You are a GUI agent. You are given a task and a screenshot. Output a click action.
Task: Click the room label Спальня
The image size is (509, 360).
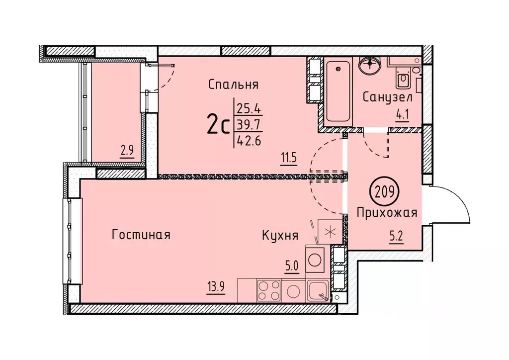[x=233, y=85]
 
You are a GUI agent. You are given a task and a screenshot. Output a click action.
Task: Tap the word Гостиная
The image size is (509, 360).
[x=141, y=235]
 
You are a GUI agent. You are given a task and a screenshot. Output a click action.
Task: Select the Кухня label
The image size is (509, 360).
[x=280, y=236]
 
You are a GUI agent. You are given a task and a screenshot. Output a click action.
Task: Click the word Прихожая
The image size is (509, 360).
[x=386, y=213]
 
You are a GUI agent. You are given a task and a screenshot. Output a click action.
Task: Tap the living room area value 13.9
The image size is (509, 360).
[x=215, y=286]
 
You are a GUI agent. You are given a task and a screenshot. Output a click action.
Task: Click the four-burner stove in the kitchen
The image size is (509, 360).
[x=268, y=290]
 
